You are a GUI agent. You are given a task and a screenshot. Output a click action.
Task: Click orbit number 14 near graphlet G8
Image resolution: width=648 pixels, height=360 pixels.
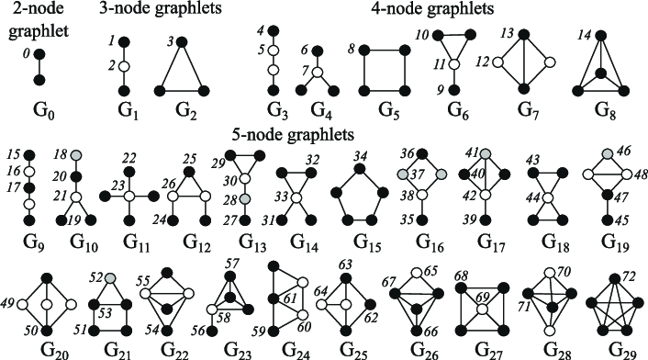585,39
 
